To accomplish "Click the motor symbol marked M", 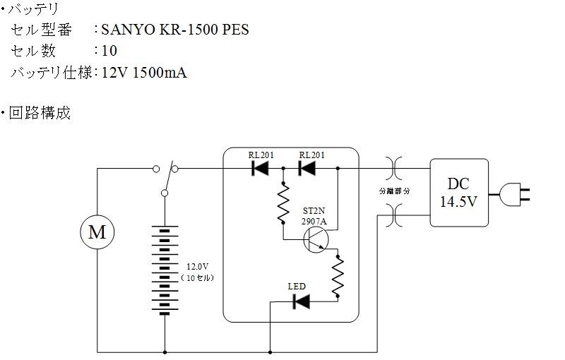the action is pos(97,232).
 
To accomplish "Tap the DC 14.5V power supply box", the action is pos(459,193).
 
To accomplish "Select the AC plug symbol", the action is pos(514,194).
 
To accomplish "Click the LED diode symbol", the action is pos(302,301).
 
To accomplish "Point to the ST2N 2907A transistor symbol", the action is pos(316,240).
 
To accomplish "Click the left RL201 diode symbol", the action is pos(260,168).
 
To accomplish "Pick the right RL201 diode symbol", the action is pos(307,168).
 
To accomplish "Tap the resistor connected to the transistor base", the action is pos(283,203).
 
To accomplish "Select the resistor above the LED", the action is pos(338,277).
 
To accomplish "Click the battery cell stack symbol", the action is pos(165,270).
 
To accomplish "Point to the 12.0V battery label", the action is pos(198,267).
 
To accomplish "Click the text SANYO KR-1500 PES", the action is pos(175,30).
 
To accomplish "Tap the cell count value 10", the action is pos(109,51).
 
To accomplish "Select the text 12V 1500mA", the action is pos(144,73).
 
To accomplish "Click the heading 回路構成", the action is pos(40,113).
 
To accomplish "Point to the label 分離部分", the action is pos(395,191).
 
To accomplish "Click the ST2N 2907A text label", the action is pos(314,216).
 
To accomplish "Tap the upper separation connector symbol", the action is pos(394,168).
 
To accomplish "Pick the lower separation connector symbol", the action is pos(394,215).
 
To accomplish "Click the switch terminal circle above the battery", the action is pos(165,193).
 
